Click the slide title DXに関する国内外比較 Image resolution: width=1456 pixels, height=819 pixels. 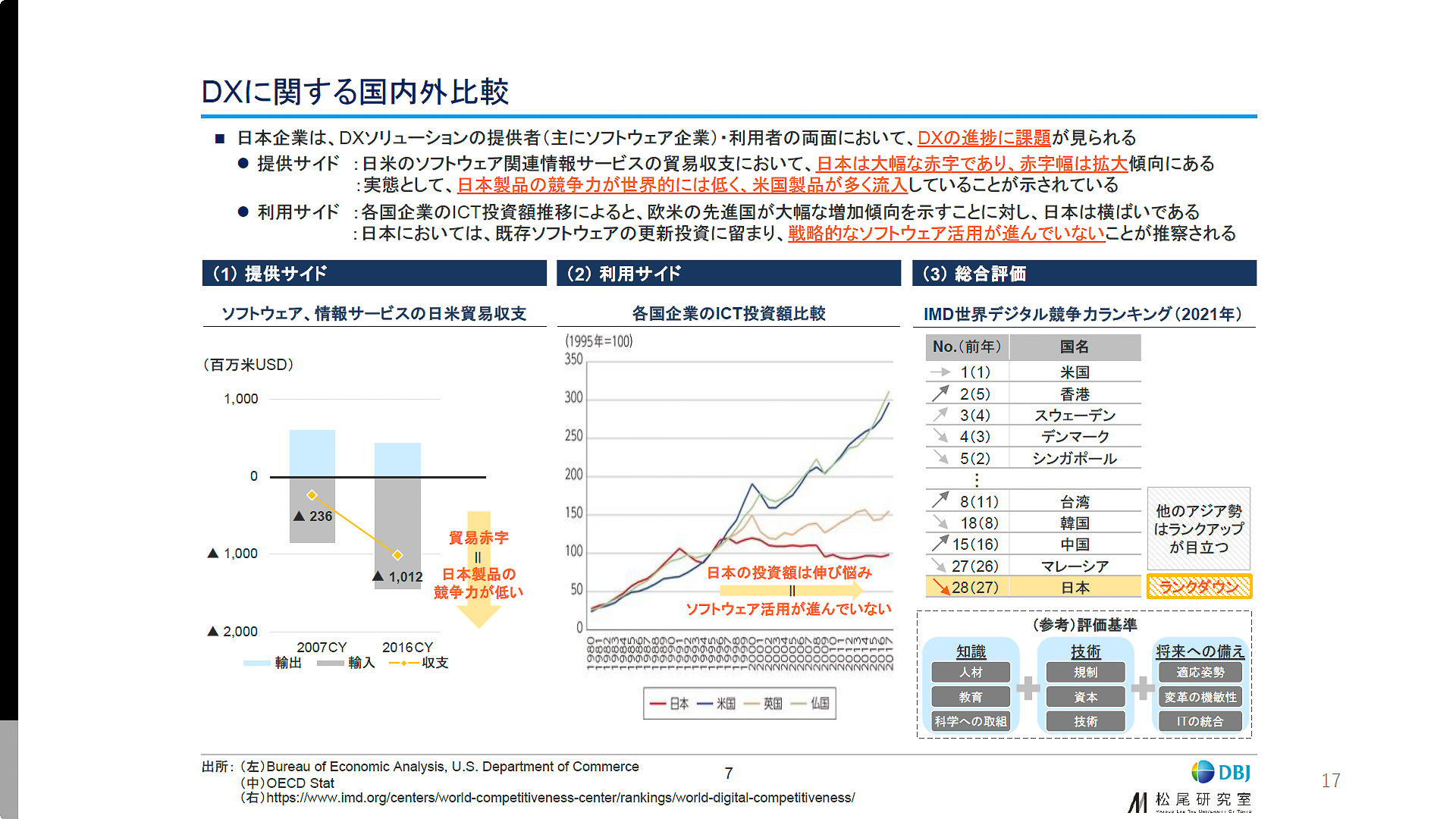[x=355, y=92]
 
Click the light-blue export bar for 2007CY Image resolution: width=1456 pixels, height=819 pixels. [x=312, y=453]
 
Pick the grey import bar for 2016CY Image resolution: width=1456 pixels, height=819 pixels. [x=397, y=532]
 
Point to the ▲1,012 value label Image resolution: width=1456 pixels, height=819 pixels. [x=398, y=577]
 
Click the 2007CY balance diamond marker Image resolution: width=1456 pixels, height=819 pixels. [x=312, y=495]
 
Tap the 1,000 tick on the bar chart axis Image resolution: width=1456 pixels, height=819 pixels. [x=240, y=399]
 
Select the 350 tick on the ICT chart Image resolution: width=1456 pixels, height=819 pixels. [x=573, y=359]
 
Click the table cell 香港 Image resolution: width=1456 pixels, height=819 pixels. [x=1075, y=394]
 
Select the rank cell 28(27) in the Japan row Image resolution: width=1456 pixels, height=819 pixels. [x=974, y=588]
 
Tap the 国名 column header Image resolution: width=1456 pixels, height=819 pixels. [x=1074, y=347]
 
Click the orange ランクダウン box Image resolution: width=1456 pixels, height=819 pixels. [x=1198, y=587]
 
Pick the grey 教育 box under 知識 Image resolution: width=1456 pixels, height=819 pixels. [x=971, y=697]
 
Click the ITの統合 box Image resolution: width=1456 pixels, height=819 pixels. [x=1200, y=721]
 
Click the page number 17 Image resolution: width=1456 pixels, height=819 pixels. [x=1330, y=780]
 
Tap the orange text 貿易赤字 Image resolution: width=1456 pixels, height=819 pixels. [x=479, y=538]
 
